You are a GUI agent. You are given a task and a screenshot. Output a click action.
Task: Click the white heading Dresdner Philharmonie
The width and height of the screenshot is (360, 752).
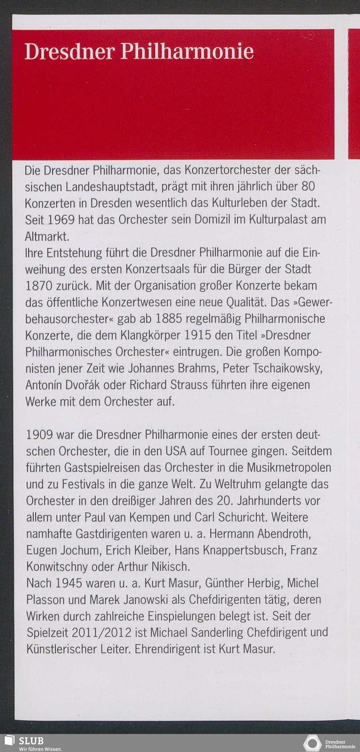click(139, 51)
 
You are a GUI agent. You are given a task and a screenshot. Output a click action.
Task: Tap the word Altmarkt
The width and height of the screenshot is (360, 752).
click(46, 237)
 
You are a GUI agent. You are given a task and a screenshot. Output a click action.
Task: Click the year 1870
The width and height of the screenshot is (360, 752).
click(39, 286)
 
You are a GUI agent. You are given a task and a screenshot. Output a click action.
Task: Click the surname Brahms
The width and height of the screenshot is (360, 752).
click(200, 369)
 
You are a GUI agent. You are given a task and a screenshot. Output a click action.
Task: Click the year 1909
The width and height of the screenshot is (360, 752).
click(40, 435)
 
